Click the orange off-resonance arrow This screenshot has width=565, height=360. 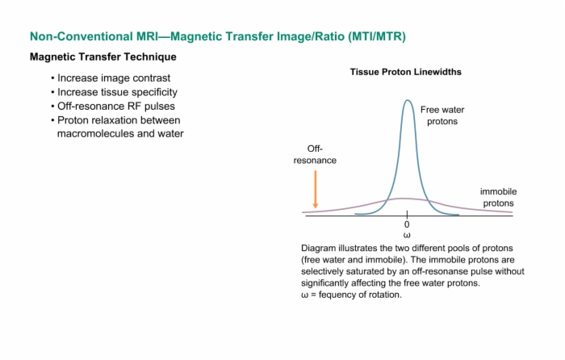tap(316, 189)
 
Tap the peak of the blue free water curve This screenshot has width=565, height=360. tap(408, 100)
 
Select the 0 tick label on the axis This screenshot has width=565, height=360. tap(407, 224)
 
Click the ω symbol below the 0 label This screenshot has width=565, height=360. tap(407, 236)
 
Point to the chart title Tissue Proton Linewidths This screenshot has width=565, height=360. tap(406, 72)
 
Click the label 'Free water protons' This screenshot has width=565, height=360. tap(442, 115)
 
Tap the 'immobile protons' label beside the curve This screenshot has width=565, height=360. tap(498, 197)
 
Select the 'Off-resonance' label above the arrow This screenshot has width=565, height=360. tap(315, 155)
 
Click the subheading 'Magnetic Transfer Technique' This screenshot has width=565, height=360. tap(103, 57)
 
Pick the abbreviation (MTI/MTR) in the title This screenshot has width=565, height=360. tap(377, 36)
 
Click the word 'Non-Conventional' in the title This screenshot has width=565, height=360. tap(82, 36)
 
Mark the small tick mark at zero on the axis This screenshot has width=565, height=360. tap(407, 215)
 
